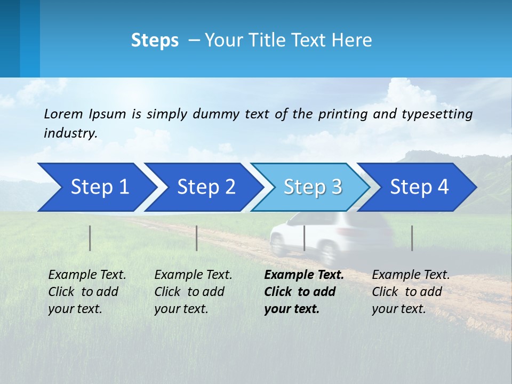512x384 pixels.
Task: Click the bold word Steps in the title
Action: [x=155, y=41]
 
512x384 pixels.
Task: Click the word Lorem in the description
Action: [x=63, y=114]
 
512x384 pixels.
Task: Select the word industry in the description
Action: [x=70, y=133]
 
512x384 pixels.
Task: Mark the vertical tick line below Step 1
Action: [x=90, y=238]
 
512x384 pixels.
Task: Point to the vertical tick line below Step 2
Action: [x=197, y=238]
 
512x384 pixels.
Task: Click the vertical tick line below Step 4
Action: [x=412, y=238]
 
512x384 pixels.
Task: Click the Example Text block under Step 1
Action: [x=87, y=292]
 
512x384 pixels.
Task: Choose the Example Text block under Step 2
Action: [x=193, y=292]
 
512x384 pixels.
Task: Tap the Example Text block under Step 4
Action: [x=411, y=292]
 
